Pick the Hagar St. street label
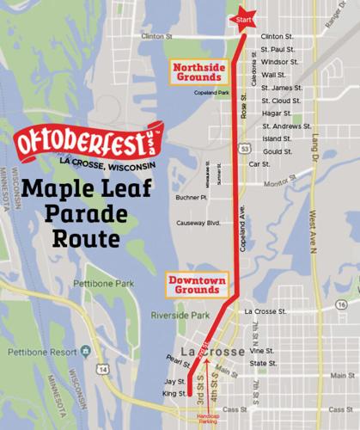276,113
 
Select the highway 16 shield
341,304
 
